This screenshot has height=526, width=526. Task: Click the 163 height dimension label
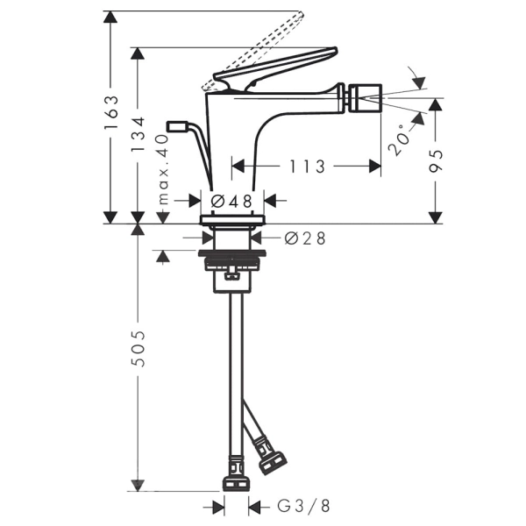pyautogui.click(x=111, y=112)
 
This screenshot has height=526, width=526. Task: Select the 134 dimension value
pyautogui.click(x=139, y=134)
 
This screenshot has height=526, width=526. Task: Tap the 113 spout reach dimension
pyautogui.click(x=307, y=167)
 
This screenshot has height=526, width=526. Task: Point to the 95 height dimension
pyautogui.click(x=436, y=161)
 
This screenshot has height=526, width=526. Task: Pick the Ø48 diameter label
pyautogui.click(x=231, y=202)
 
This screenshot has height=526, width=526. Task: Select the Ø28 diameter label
pyautogui.click(x=305, y=238)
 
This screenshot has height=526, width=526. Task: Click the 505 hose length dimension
pyautogui.click(x=139, y=349)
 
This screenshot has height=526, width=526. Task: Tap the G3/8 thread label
pyautogui.click(x=303, y=506)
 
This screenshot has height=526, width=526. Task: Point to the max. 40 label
pyautogui.click(x=163, y=169)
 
